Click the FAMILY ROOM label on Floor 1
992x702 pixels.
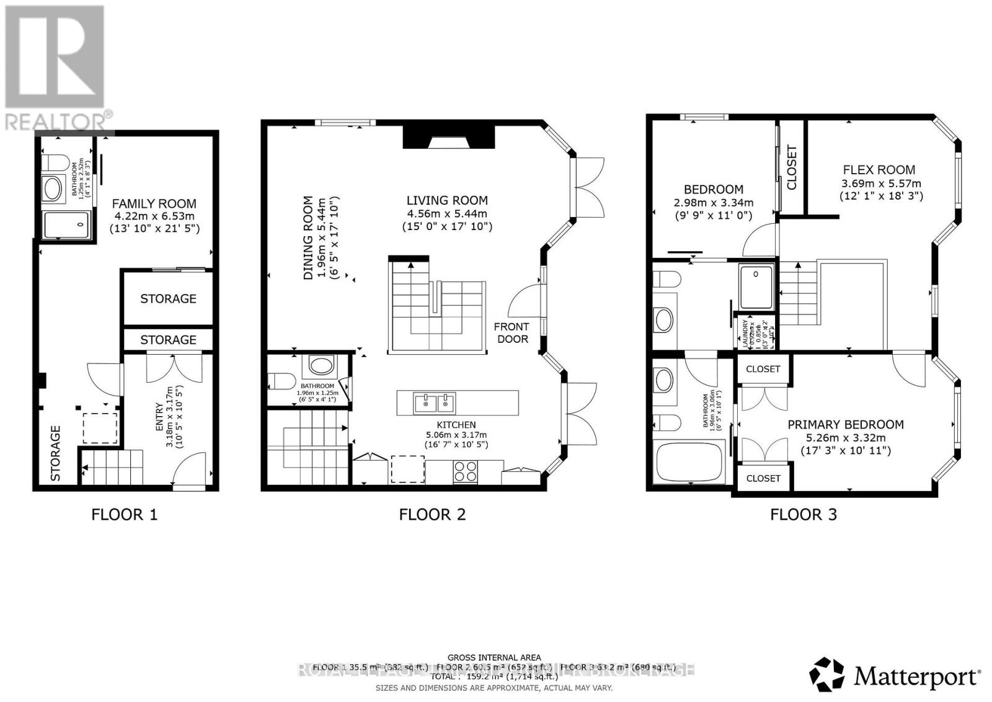pyautogui.click(x=154, y=203)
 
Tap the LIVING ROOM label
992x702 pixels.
pyautogui.click(x=447, y=200)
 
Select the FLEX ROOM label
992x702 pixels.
pyautogui.click(x=879, y=170)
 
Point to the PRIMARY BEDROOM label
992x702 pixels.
pyautogui.click(x=845, y=425)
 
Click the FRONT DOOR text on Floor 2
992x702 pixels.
pyautogui.click(x=511, y=332)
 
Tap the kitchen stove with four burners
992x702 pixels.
pyautogui.click(x=466, y=471)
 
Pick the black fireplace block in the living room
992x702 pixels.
pyautogui.click(x=449, y=136)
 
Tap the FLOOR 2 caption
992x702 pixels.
pyautogui.click(x=432, y=514)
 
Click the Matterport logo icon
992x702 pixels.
pyautogui.click(x=826, y=674)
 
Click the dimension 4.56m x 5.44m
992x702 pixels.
pyautogui.click(x=447, y=213)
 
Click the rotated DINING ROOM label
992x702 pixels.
pyautogui.click(x=309, y=238)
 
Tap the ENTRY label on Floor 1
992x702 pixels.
pyautogui.click(x=159, y=419)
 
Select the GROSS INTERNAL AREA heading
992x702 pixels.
pyautogui.click(x=494, y=657)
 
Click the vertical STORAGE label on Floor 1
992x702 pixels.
pyautogui.click(x=56, y=453)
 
